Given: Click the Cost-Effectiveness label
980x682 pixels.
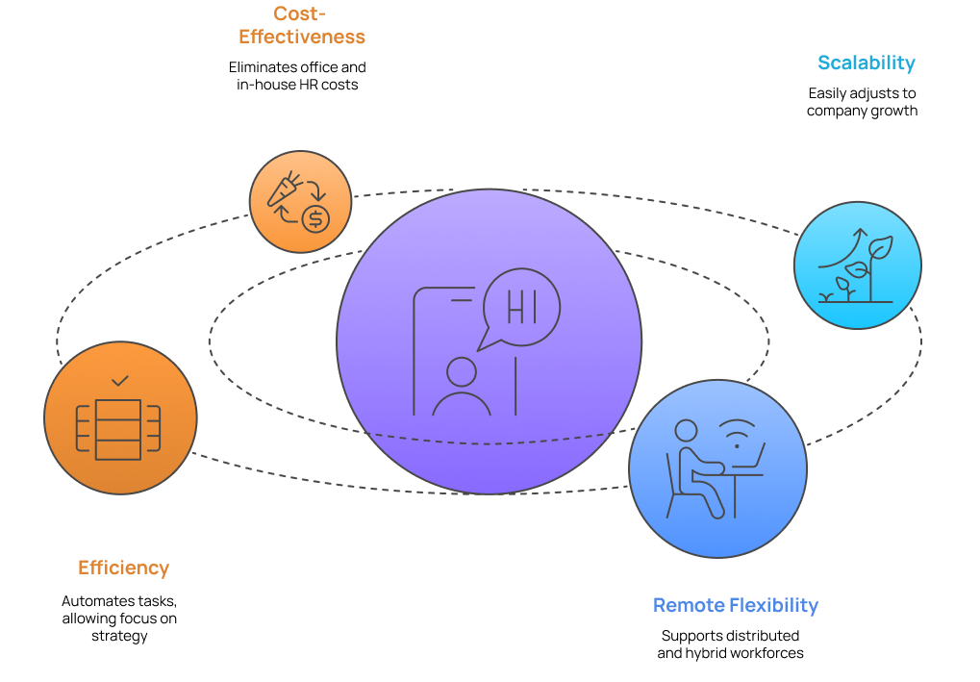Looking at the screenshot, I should [x=302, y=26].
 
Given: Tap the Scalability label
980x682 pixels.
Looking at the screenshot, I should [x=866, y=63].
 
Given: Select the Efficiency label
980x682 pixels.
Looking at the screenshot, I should [x=123, y=568].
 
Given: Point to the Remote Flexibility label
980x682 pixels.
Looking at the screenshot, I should [x=735, y=606].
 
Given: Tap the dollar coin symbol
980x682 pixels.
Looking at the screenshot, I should [x=314, y=219].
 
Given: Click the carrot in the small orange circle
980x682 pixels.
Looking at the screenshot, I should [x=285, y=189].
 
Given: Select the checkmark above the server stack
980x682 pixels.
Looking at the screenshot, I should [x=120, y=382].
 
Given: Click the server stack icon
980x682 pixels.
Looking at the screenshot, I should [x=119, y=429].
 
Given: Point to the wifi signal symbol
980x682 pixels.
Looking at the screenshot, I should [x=738, y=435].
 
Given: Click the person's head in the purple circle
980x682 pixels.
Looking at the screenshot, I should [x=462, y=372].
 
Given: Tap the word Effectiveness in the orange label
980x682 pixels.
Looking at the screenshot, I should [x=302, y=38].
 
